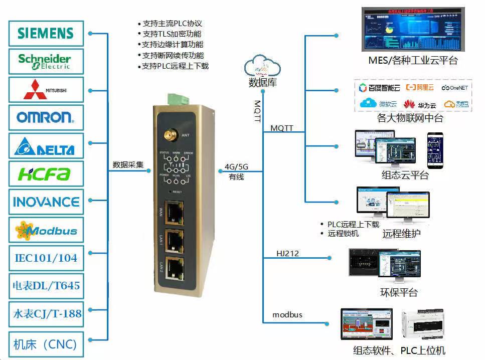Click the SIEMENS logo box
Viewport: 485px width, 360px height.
point(46,33)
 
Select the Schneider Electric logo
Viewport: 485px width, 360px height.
point(46,62)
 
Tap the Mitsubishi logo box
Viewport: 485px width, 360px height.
point(46,90)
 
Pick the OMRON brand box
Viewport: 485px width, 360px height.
point(46,118)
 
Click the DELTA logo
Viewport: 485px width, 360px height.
point(46,146)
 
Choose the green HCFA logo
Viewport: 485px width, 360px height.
point(46,174)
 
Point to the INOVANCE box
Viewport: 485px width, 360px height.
point(46,202)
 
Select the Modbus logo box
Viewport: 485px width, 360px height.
point(46,231)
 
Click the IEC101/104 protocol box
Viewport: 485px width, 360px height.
point(46,258)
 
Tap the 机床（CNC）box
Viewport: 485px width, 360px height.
point(46,344)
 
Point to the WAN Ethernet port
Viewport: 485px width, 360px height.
point(174,213)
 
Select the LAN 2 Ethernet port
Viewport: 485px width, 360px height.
point(174,270)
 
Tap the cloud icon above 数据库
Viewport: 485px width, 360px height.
point(262,67)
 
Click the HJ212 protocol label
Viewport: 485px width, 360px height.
point(287,253)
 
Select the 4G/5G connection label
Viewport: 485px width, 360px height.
point(236,167)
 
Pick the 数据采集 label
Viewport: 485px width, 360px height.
point(128,164)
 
